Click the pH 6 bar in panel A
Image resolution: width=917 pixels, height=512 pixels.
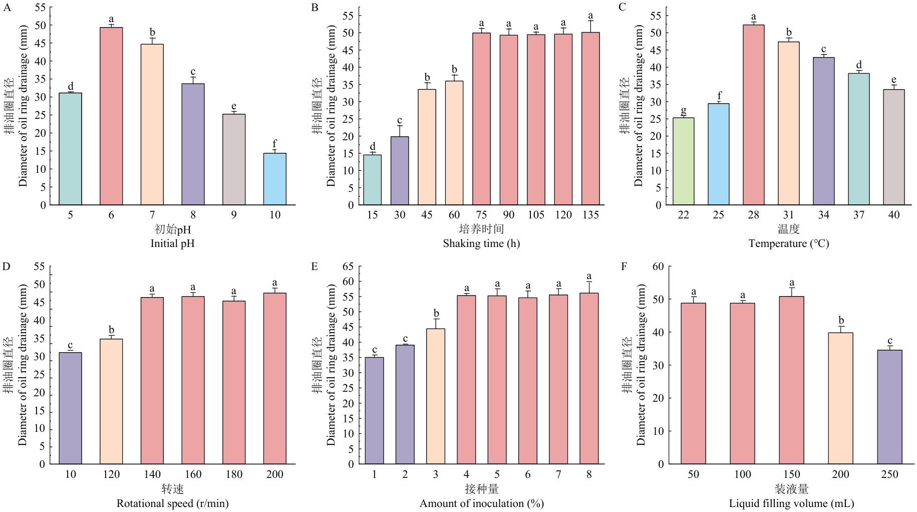[x=111, y=116]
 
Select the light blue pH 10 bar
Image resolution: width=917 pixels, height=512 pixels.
[x=275, y=179]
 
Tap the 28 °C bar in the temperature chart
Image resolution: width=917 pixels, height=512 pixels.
[x=753, y=115]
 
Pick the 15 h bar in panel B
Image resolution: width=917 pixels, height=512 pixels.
[x=372, y=180]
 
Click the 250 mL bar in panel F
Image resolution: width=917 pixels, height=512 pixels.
[x=889, y=407]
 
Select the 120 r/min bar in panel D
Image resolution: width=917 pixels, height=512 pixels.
[x=111, y=401]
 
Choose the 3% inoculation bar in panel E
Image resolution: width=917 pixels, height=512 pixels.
[x=436, y=396]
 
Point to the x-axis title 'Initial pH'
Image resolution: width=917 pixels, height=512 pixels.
[x=172, y=243]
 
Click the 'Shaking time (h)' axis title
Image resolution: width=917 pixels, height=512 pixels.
[x=481, y=243]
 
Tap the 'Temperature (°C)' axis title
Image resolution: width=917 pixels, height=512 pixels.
[x=788, y=243]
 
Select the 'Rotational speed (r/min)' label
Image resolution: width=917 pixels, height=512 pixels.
[x=172, y=503]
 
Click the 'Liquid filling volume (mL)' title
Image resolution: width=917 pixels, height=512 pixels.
[x=791, y=503]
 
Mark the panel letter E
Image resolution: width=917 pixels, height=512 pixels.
[x=315, y=267]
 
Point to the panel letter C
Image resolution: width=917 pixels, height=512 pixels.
[x=623, y=7]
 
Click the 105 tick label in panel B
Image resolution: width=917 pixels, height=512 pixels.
[x=536, y=215]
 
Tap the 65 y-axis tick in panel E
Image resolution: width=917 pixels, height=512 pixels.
[x=348, y=267]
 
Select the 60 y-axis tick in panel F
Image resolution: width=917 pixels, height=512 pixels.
[x=658, y=267]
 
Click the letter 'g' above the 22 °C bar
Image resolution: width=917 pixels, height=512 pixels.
[x=683, y=110]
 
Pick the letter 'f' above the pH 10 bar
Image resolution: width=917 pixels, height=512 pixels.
[x=274, y=144]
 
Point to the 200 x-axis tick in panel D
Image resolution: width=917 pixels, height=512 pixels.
[x=274, y=474]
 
